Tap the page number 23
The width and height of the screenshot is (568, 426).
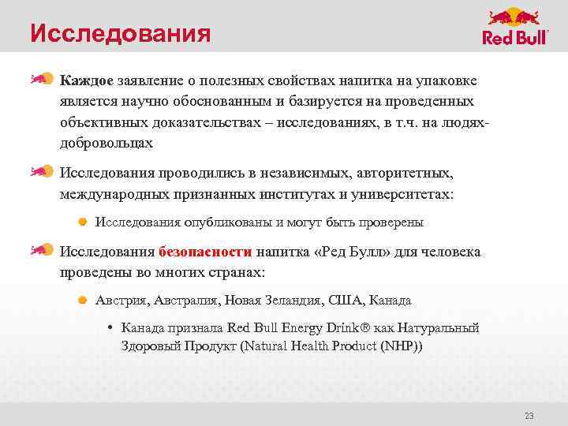(x=529, y=416)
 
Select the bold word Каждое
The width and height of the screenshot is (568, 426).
(x=87, y=81)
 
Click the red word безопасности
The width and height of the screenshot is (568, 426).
(x=205, y=252)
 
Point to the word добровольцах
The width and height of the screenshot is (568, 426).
(x=106, y=144)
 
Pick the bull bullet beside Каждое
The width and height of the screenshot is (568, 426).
(x=41, y=78)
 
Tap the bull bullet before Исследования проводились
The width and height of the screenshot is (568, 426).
(x=41, y=171)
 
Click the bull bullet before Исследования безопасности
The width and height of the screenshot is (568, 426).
(x=41, y=252)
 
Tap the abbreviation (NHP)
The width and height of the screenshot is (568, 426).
(x=400, y=346)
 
